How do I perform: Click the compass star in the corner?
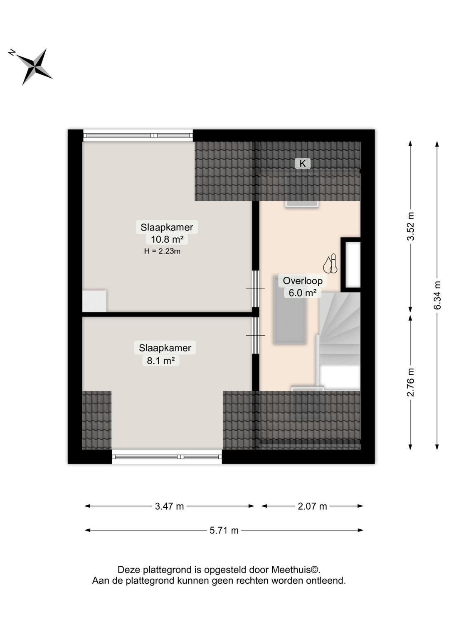(x=35, y=67)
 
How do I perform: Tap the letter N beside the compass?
(x=12, y=52)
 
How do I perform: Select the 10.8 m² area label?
(x=167, y=239)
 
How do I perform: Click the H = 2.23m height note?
(x=162, y=251)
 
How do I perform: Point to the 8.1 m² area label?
(x=160, y=360)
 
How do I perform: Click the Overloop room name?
(x=303, y=281)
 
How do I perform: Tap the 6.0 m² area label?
(x=303, y=292)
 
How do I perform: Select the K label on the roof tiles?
(x=303, y=163)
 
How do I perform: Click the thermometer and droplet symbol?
(x=330, y=263)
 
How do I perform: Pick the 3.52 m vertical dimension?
(x=410, y=226)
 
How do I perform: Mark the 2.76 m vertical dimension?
(x=410, y=382)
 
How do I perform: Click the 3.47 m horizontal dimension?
(x=169, y=506)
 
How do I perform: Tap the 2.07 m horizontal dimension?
(x=312, y=506)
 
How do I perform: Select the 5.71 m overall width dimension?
(x=224, y=530)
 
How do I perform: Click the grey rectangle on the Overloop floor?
(x=290, y=310)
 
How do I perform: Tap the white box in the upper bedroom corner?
(x=94, y=301)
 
